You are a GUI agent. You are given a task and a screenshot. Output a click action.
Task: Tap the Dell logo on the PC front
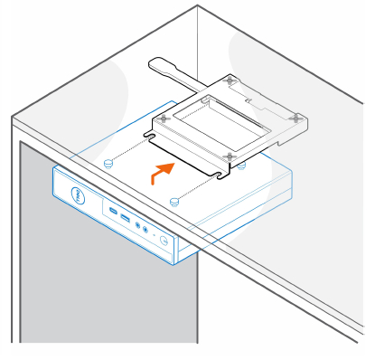click(x=78, y=194)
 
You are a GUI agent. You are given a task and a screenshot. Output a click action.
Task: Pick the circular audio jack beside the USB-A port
click(x=137, y=224)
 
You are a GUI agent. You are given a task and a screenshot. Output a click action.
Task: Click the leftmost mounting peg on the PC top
click(x=109, y=163)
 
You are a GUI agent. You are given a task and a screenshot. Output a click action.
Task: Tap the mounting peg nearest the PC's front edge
click(x=175, y=201)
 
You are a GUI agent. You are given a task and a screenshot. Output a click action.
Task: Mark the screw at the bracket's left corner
click(x=163, y=117)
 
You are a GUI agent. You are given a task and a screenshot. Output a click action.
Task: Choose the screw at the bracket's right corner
click(x=297, y=116)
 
